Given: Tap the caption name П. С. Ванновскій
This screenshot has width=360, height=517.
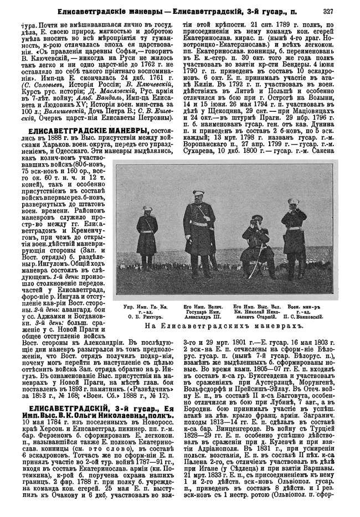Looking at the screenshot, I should (304, 317).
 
